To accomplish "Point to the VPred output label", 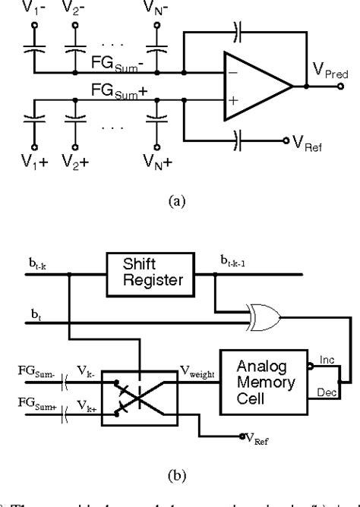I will tap(329, 74).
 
